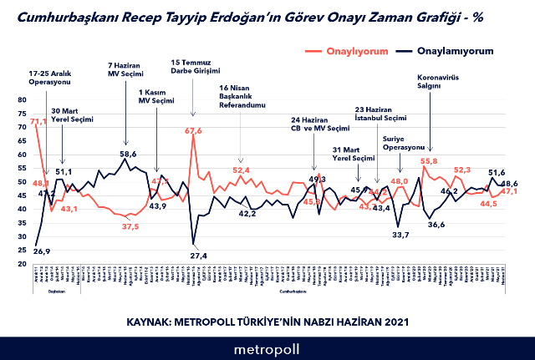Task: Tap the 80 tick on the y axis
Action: (x=22, y=100)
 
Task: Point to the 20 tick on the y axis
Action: (x=22, y=264)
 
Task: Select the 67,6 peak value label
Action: (x=193, y=130)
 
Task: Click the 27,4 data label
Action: (x=198, y=255)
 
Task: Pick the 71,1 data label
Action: (x=38, y=122)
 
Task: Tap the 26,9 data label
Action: (x=42, y=251)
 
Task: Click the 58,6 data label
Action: (x=128, y=154)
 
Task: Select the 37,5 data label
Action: (x=130, y=226)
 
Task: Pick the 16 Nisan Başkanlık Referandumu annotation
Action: (x=242, y=96)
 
